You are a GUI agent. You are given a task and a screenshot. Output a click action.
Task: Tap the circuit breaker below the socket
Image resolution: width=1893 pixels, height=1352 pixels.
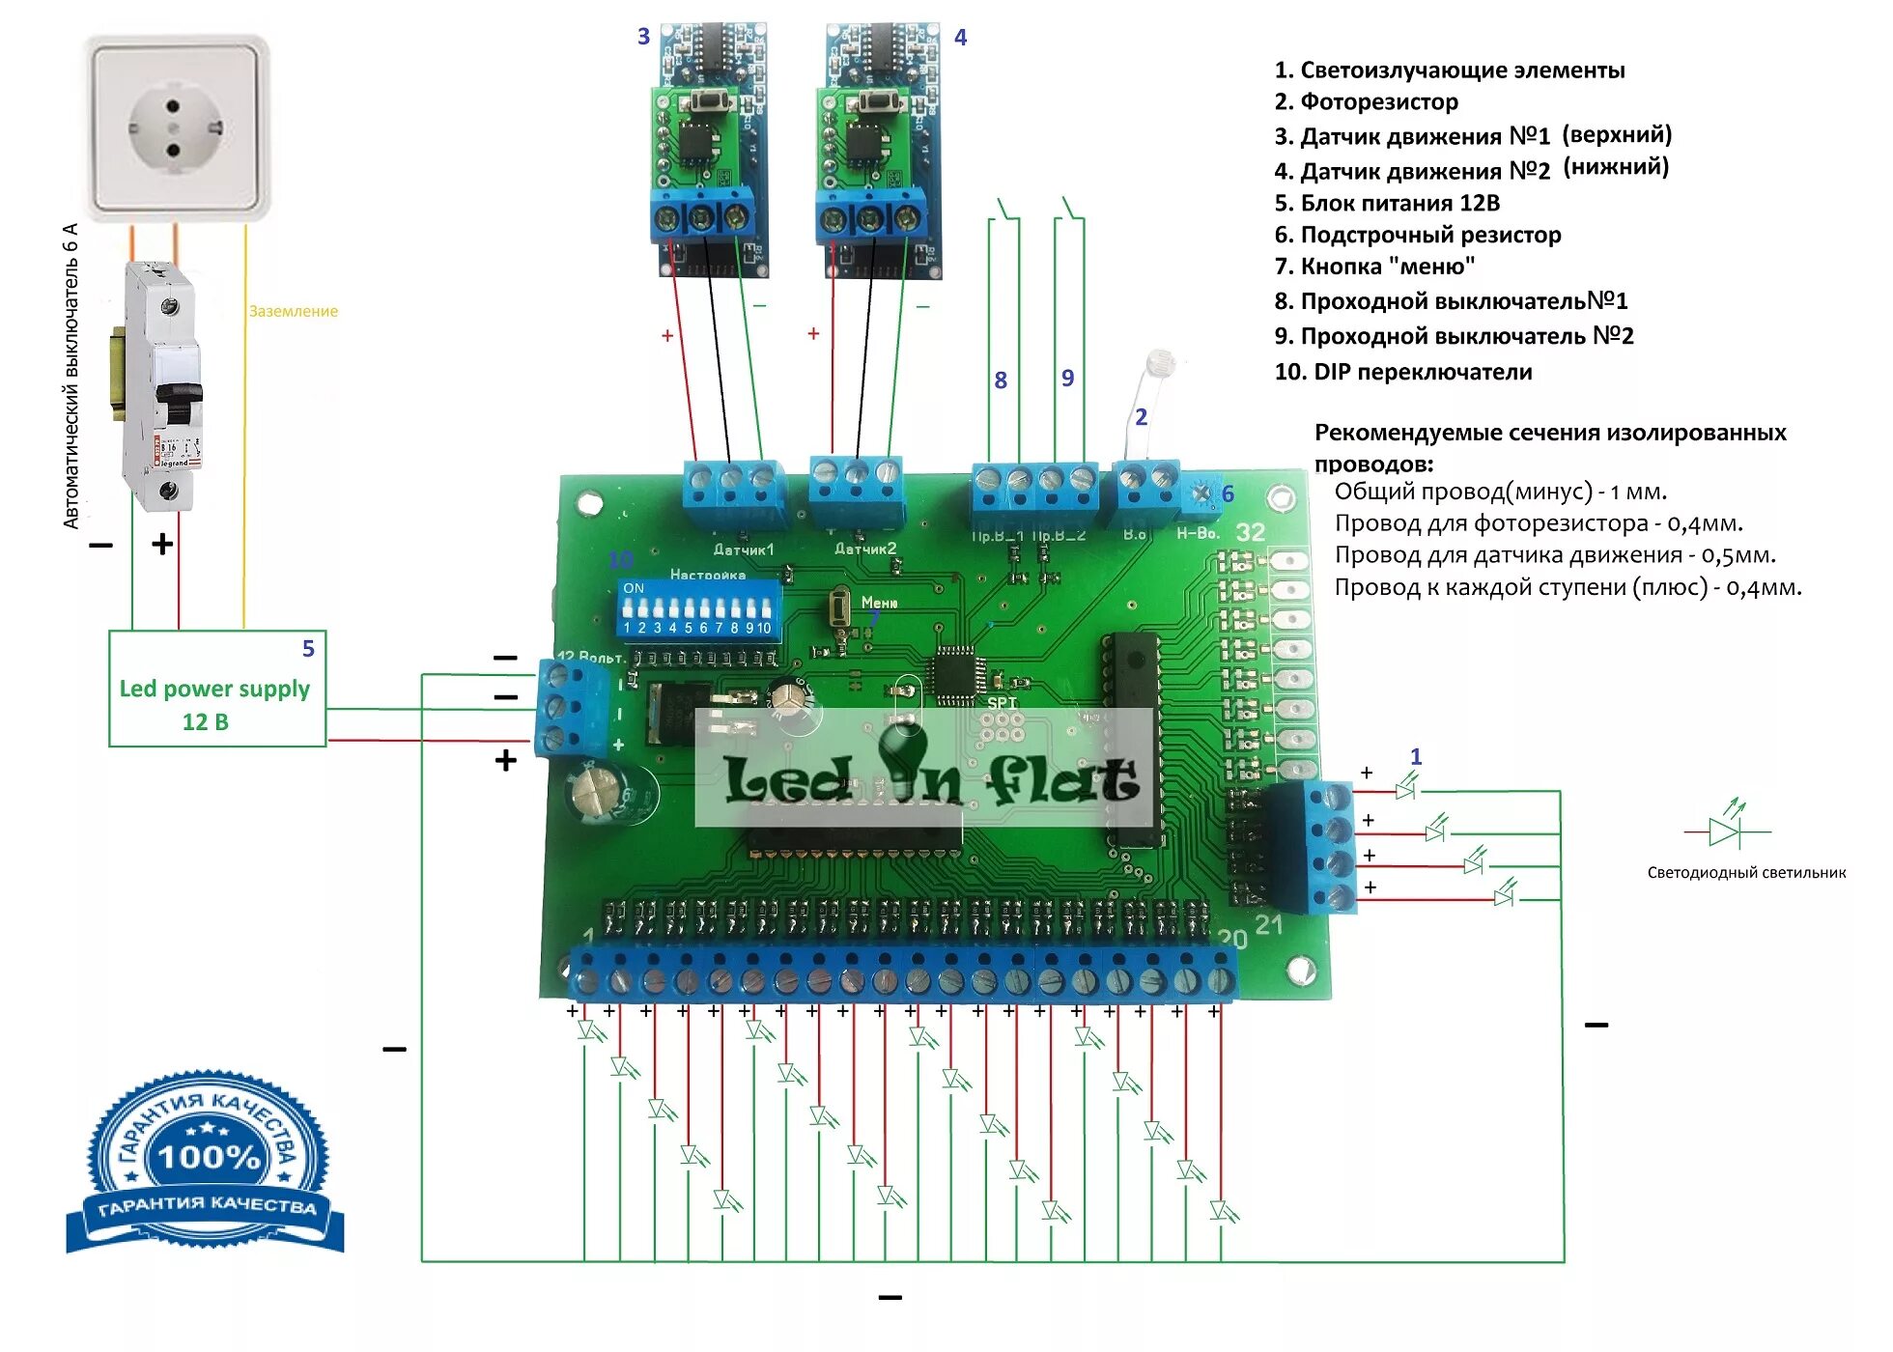click(x=165, y=386)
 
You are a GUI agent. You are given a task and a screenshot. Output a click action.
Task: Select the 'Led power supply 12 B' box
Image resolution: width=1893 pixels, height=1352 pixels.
click(x=216, y=690)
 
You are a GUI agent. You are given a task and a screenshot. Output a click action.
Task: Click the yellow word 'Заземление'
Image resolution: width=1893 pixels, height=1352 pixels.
click(x=294, y=311)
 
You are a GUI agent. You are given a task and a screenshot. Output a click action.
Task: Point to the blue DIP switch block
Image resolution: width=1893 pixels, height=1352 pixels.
click(x=697, y=608)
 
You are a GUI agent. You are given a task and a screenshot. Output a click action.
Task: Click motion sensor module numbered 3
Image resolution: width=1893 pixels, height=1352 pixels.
click(x=709, y=150)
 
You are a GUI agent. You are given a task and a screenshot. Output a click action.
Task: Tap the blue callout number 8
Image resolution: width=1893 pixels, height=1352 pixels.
click(x=1001, y=380)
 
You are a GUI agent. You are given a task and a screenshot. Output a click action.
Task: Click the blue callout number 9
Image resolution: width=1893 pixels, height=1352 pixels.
click(x=1067, y=378)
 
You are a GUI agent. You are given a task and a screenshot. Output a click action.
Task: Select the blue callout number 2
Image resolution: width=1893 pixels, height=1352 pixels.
click(x=1141, y=416)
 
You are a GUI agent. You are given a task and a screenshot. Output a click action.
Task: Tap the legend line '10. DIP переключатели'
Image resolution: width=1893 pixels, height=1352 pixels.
click(x=1402, y=372)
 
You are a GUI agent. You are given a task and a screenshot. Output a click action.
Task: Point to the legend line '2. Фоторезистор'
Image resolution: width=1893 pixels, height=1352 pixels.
click(x=1366, y=101)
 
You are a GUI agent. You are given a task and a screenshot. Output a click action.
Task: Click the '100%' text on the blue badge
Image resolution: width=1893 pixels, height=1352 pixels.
click(x=209, y=1156)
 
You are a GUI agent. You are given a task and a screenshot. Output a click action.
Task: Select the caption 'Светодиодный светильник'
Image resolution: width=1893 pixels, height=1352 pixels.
click(x=1745, y=873)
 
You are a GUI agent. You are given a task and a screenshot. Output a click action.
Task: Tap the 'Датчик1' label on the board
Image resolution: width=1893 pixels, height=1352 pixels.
click(x=743, y=549)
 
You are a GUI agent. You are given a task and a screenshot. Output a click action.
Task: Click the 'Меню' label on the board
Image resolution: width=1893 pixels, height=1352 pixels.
click(x=879, y=602)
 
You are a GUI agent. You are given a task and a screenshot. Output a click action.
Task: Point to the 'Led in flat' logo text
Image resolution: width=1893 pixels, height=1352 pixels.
click(x=930, y=777)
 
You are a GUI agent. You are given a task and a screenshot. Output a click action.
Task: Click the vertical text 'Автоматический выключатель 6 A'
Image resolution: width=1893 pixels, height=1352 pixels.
click(x=71, y=377)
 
